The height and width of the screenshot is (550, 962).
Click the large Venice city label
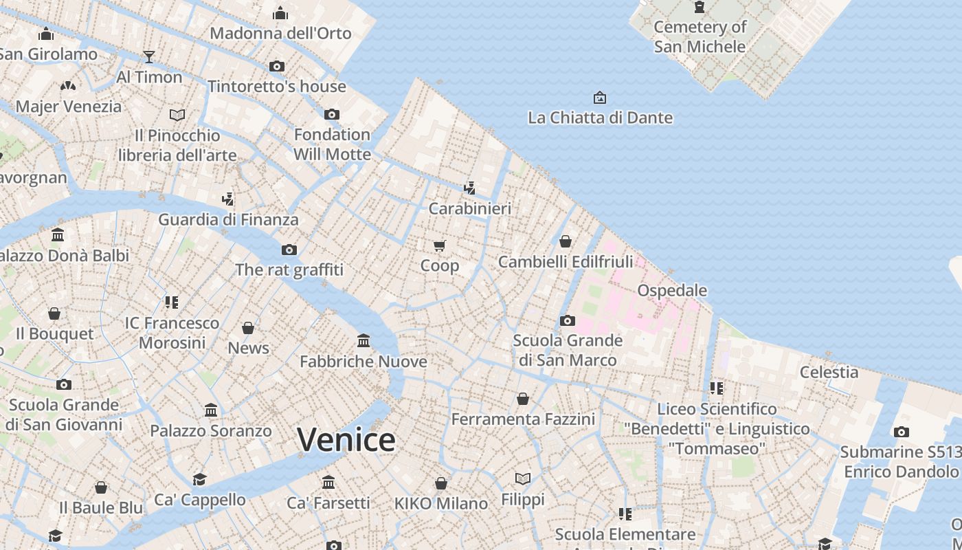coord(346,440)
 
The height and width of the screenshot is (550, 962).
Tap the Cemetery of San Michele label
coord(700,36)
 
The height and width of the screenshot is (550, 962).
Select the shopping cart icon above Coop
coord(439,245)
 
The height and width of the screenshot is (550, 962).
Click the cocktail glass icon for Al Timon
coord(149,56)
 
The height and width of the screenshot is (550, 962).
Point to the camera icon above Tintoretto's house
coord(277,66)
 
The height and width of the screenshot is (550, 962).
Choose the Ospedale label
coord(672,290)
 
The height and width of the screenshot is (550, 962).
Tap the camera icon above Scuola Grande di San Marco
coord(567,320)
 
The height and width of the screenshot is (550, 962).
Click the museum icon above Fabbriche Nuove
coord(363,340)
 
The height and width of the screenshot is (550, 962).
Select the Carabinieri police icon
coord(469,188)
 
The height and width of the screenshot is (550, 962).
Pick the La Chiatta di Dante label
coord(600,118)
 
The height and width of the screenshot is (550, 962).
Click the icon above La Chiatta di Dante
coord(600,98)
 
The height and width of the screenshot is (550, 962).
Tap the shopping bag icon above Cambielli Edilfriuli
coord(565,241)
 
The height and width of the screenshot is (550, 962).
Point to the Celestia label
coord(829,372)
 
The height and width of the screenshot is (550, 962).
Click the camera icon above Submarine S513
coord(901,432)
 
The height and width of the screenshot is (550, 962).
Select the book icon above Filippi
coord(523,478)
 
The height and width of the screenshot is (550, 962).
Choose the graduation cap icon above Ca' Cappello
coord(199,478)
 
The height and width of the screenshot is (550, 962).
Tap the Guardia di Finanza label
coord(228,219)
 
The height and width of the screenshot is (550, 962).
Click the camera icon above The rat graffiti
coord(289,250)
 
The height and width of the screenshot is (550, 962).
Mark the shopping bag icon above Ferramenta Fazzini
coord(523,399)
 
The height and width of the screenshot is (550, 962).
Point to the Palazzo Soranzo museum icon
coord(211,411)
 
